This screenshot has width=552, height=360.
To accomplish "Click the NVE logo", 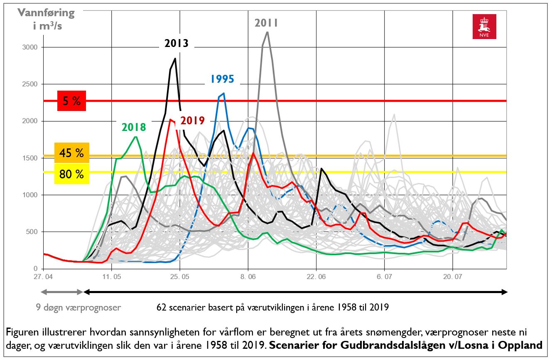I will (484, 27).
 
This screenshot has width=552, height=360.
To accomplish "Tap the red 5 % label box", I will (71, 101).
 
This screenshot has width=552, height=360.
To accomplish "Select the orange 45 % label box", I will (71, 153).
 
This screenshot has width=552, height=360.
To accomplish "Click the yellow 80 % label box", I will (71, 174).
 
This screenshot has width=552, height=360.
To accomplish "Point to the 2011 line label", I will (266, 23).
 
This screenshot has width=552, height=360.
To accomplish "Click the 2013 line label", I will (176, 43).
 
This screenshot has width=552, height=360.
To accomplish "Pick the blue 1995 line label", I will (222, 79).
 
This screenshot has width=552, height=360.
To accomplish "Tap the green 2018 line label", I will (134, 127).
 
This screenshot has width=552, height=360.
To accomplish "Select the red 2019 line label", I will (193, 121).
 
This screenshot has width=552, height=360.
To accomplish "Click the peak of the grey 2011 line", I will (267, 32).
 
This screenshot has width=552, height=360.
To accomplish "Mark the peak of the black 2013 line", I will (175, 59).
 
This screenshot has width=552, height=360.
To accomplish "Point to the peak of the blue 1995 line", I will (224, 94).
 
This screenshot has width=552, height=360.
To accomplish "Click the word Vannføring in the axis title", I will (46, 12).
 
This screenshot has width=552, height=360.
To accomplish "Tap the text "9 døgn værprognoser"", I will (78, 308).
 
